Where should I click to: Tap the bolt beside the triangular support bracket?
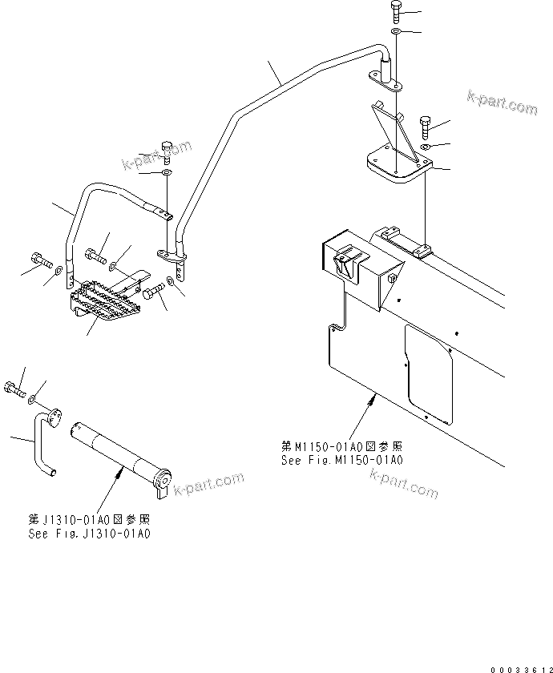425,125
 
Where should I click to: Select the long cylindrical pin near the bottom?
120,456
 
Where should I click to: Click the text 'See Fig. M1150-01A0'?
341,461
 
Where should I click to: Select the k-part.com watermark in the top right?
502,104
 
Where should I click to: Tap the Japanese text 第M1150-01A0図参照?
341,447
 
